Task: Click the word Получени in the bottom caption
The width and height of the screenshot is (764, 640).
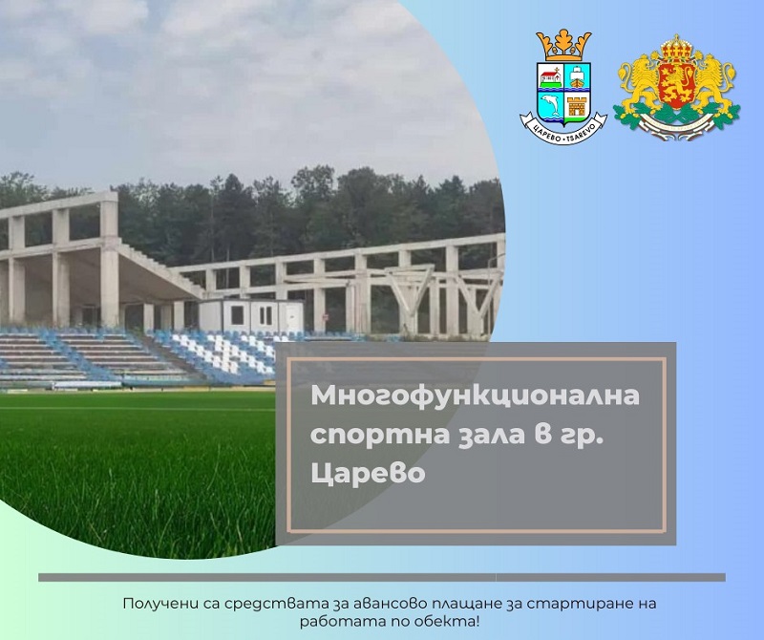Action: pos(157,603)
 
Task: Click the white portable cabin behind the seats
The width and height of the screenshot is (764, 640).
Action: pos(250,314)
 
